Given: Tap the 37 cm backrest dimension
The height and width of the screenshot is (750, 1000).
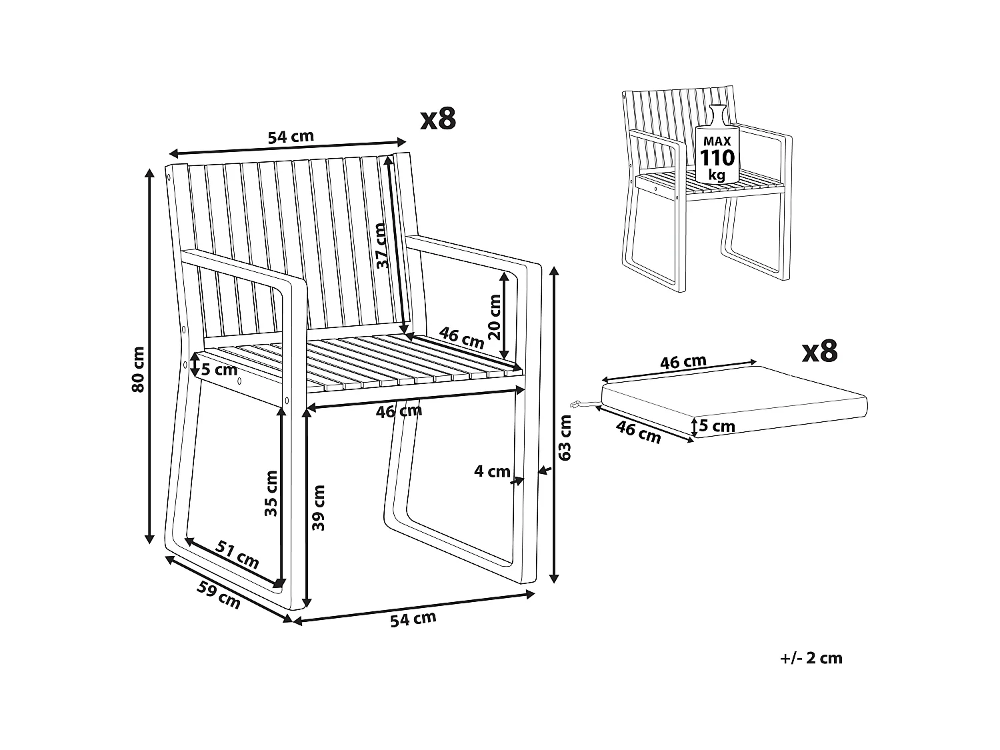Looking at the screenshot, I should click(x=381, y=245).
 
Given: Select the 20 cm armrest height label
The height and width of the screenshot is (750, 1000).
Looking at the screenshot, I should click(x=495, y=317).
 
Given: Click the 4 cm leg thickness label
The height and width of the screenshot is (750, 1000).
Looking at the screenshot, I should click(x=492, y=471).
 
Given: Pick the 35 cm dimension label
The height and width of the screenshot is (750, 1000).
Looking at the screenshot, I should click(x=271, y=493).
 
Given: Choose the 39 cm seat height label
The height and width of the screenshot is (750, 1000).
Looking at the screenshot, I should click(x=319, y=507).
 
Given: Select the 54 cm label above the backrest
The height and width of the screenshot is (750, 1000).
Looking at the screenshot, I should click(x=290, y=137).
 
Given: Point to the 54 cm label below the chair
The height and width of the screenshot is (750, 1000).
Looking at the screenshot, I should click(x=413, y=619).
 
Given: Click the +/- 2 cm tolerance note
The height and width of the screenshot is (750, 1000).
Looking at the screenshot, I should click(x=811, y=659).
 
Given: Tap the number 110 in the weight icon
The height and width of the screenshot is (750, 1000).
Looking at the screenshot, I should click(x=717, y=158).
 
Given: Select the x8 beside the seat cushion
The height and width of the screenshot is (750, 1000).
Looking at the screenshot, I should click(x=819, y=351).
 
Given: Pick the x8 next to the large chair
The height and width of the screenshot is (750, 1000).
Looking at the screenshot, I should click(x=438, y=119).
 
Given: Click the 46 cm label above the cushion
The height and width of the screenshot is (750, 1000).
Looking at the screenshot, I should click(x=683, y=362).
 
